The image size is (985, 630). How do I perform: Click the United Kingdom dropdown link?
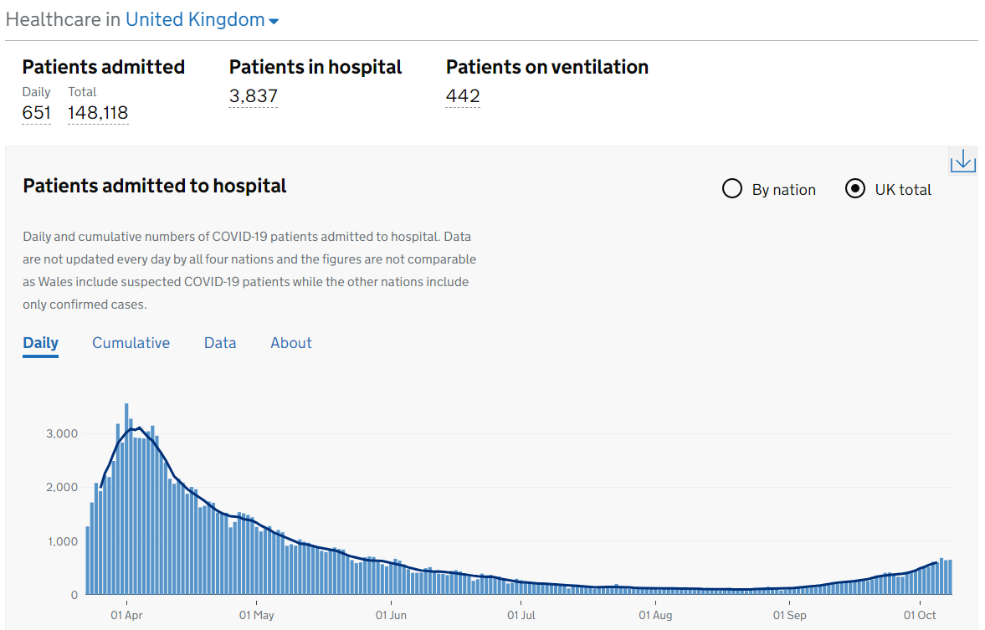202,20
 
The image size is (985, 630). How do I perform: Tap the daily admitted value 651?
36,113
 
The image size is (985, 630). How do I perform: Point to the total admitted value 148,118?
98,113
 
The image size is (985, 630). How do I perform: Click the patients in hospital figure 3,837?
253,96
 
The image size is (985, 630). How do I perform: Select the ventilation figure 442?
463,96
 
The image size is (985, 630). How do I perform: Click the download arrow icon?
962,160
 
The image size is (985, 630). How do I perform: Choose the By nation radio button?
732,189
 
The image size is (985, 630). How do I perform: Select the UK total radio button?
854,189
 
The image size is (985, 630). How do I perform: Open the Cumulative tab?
131,343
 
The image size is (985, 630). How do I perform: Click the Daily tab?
40,343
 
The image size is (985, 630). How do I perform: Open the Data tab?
220,343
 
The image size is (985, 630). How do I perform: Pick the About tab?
290,343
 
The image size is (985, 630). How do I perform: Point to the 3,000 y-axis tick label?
62,433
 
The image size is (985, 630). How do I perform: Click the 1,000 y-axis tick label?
62,541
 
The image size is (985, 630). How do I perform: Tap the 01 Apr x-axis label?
126,616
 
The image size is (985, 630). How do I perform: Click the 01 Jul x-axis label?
521,616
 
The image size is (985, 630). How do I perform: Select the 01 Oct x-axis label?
920,616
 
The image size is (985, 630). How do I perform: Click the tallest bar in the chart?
126,499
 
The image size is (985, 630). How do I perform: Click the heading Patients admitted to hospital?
155,186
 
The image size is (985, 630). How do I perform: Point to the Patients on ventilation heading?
546,67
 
